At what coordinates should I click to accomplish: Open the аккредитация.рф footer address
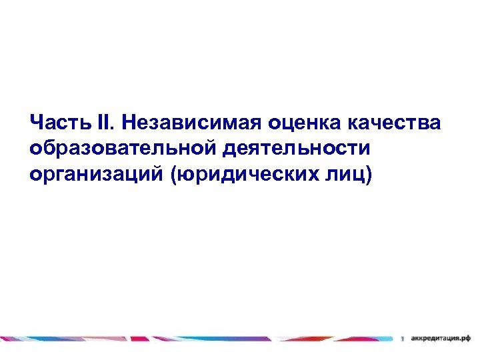pos(441,338)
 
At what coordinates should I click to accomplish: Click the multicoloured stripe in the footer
pos(200,338)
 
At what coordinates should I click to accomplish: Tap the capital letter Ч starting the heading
pos(36,123)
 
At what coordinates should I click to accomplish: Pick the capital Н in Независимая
pos(129,123)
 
